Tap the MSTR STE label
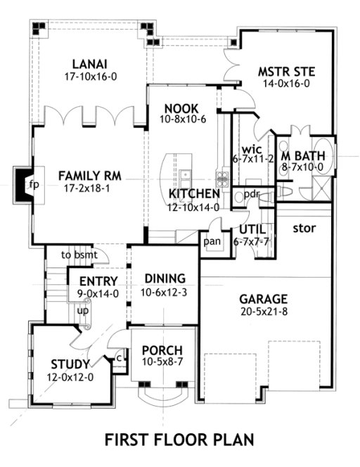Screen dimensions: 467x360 (285, 71)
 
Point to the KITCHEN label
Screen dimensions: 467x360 (194, 193)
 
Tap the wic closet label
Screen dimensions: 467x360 (251, 150)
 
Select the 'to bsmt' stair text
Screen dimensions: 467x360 (77, 255)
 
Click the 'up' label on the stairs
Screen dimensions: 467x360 (82, 310)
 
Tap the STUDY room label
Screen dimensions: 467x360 (70, 364)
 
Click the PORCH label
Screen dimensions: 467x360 (162, 350)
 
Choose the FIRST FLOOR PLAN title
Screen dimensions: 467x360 (179, 440)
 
